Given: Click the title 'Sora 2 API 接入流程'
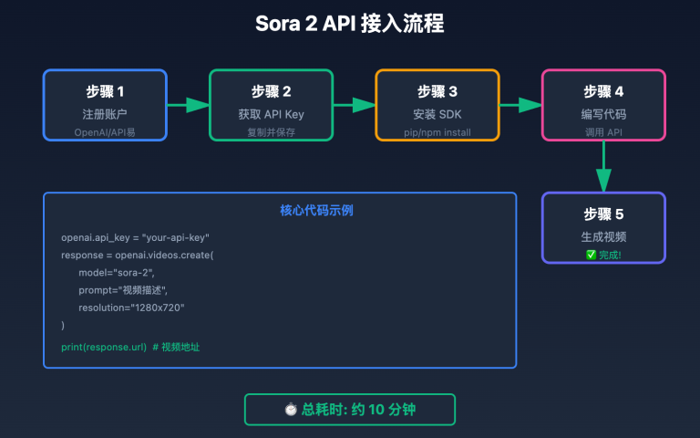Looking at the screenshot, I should pyautogui.click(x=350, y=24).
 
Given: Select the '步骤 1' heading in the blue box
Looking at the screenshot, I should pyautogui.click(x=105, y=91).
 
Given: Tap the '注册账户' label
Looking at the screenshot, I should pyautogui.click(x=105, y=114).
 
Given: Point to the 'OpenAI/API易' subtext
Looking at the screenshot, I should pyautogui.click(x=105, y=132).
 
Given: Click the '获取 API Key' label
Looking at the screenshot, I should pyautogui.click(x=271, y=114).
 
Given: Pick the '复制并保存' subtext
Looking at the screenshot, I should pyautogui.click(x=271, y=132).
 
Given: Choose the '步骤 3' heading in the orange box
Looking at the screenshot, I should pyautogui.click(x=437, y=91).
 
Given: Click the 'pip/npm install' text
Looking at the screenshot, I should pyautogui.click(x=437, y=132).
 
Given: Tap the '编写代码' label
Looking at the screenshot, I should pyautogui.click(x=603, y=114).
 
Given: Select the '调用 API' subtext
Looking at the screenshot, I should pyautogui.click(x=603, y=132).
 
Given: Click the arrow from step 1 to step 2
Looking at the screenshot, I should pyautogui.click(x=188, y=105).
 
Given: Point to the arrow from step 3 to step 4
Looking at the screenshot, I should pyautogui.click(x=520, y=105).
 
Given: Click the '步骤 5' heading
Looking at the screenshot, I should pyautogui.click(x=603, y=214).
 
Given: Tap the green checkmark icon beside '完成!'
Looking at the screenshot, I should pyautogui.click(x=591, y=255).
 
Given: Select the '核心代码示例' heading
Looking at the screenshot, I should pyautogui.click(x=280, y=211).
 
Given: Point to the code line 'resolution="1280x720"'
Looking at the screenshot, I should pyautogui.click(x=131, y=308).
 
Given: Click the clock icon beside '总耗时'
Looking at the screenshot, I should pyautogui.click(x=291, y=410).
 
